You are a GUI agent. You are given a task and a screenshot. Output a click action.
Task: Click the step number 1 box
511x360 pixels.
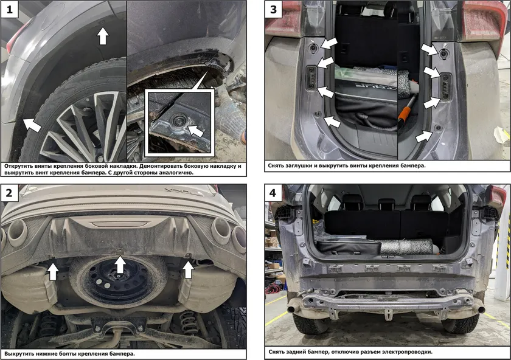click(10, 10)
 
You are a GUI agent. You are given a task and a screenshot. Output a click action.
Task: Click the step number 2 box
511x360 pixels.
click(9, 193)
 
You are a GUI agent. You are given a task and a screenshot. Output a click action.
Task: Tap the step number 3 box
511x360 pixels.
click(273, 10)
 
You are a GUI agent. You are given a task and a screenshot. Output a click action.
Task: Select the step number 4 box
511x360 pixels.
click(273, 193)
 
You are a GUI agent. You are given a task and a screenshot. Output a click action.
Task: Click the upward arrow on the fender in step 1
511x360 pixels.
click(103, 35)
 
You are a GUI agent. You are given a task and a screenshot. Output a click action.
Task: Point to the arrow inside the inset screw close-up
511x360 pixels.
click(195, 130)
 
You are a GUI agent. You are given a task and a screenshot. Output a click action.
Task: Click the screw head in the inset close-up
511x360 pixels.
click(179, 120)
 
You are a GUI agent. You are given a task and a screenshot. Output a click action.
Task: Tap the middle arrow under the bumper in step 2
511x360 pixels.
click(120, 264)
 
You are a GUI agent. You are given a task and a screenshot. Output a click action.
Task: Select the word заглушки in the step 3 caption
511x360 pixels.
click(299, 165)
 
